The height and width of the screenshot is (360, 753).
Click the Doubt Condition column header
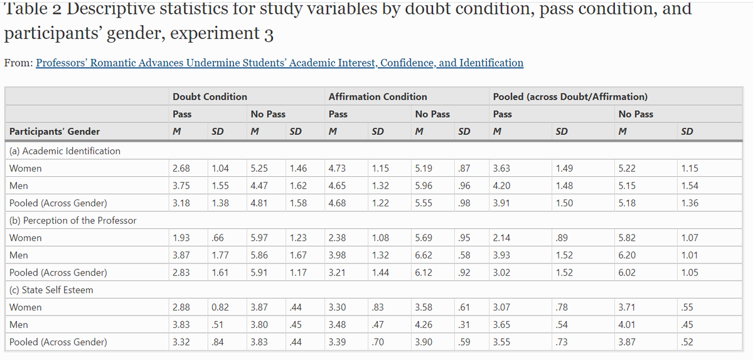(210, 97)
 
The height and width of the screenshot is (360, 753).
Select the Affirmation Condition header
(377, 97)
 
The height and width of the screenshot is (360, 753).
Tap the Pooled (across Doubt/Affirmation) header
(570, 97)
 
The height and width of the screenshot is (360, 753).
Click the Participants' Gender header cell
(55, 132)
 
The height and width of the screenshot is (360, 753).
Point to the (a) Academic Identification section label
(65, 151)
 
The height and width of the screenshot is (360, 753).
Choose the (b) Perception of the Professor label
(73, 220)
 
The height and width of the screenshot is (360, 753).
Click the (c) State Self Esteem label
(51, 290)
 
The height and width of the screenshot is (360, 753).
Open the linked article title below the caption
(279, 63)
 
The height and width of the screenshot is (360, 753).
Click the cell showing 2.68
(181, 169)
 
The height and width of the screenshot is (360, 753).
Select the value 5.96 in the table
(424, 186)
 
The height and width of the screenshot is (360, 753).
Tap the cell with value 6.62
(424, 255)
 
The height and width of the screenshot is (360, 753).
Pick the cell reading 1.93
(181, 238)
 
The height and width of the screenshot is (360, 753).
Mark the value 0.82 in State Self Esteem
(220, 307)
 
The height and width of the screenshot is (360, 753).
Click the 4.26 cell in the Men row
(424, 325)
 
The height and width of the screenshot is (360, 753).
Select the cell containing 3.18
(181, 203)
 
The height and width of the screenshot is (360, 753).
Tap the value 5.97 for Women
(259, 238)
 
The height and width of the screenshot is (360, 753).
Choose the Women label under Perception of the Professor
(26, 238)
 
